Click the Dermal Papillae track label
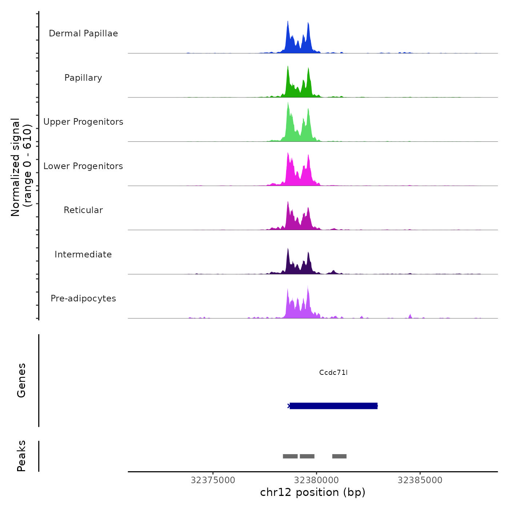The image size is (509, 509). coord(83,33)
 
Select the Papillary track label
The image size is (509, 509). coord(83,78)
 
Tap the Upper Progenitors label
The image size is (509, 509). coord(83,122)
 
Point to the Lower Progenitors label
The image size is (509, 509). coord(83,166)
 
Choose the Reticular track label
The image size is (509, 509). coord(83,210)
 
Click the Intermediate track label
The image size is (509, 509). coord(83,254)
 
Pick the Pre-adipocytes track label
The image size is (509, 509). coord(83,298)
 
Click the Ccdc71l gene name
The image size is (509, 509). coord(333,372)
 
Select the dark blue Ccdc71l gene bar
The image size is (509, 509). coord(333,406)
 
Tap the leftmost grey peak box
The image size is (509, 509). coord(290,456)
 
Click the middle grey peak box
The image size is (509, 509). coord(307,456)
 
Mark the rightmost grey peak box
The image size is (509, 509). coord(339,456)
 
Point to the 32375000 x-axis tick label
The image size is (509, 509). coord(213,480)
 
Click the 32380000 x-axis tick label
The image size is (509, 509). coord(316,480)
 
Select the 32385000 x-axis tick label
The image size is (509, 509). coord(420,480)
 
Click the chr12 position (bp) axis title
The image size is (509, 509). coord(313,492)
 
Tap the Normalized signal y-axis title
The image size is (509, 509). coord(21,167)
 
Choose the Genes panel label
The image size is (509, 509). coord(21,380)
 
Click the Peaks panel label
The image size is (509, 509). coord(21,456)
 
